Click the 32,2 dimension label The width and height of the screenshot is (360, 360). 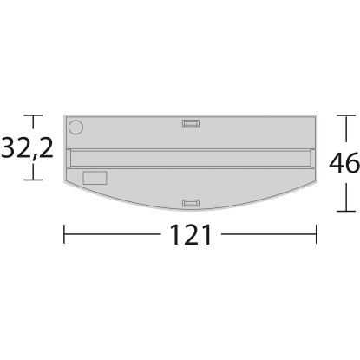[28, 148]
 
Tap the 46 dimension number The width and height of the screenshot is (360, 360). [344, 163]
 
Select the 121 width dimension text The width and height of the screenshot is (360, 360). [191, 234]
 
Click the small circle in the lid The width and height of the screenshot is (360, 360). [75, 128]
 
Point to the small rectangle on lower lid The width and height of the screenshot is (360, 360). [95, 178]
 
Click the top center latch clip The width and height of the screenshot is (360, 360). [191, 123]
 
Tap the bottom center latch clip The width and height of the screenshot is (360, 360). [191, 203]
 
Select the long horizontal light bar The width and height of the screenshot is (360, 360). [191, 158]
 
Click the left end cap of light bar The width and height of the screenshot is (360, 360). [69, 158]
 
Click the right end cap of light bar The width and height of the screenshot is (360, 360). [313, 158]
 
